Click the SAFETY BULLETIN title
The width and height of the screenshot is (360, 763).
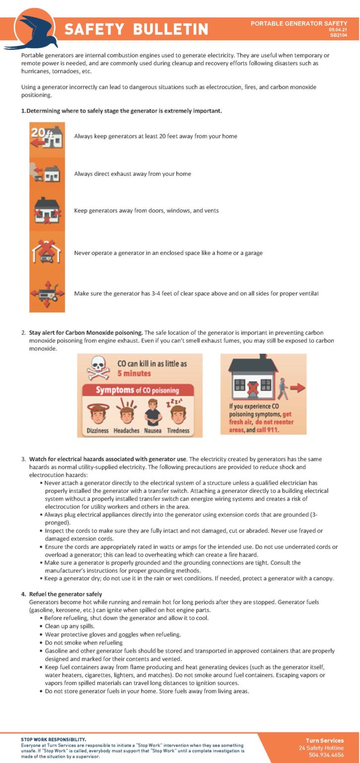(136, 29)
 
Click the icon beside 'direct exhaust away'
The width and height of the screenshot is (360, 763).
(47, 173)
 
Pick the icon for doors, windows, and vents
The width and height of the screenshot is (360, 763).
(47, 211)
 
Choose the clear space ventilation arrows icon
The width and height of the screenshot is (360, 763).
(47, 294)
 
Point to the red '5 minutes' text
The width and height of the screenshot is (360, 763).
(134, 373)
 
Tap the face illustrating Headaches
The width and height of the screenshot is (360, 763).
(125, 412)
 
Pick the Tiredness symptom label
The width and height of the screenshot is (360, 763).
(178, 431)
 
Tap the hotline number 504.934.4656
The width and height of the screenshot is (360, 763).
(326, 755)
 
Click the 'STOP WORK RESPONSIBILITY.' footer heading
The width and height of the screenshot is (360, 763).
(53, 739)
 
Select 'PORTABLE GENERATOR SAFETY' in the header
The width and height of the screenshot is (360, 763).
(298, 23)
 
